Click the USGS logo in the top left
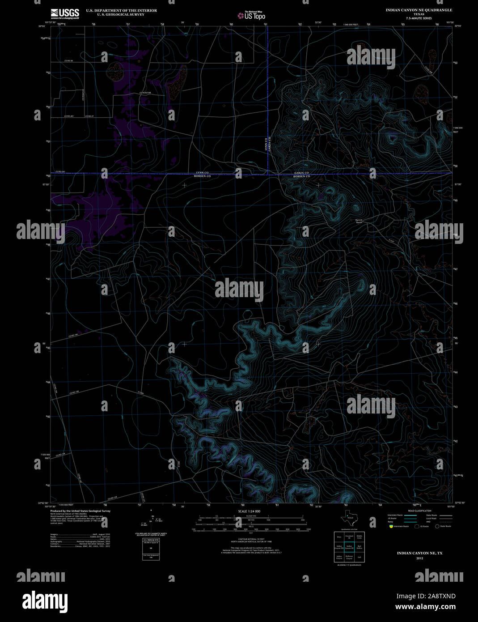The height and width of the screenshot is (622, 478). [x=65, y=13]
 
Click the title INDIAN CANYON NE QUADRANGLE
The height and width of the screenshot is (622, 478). [x=419, y=10]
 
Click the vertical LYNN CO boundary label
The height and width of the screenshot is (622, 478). [x=266, y=143]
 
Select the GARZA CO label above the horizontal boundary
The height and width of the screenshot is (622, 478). [x=302, y=173]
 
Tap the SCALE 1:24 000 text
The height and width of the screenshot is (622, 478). [x=249, y=511]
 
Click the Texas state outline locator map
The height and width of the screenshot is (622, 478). [x=349, y=519]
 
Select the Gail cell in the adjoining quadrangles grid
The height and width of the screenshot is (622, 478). [x=359, y=557]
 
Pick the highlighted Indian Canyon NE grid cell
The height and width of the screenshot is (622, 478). [x=349, y=547]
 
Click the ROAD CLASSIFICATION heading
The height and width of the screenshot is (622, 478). [x=419, y=511]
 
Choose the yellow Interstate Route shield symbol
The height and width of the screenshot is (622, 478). [x=390, y=526]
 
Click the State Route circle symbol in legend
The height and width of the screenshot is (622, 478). [x=437, y=526]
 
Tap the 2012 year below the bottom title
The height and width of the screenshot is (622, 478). [x=419, y=558]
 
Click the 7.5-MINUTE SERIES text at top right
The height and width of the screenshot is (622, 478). [x=419, y=18]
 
